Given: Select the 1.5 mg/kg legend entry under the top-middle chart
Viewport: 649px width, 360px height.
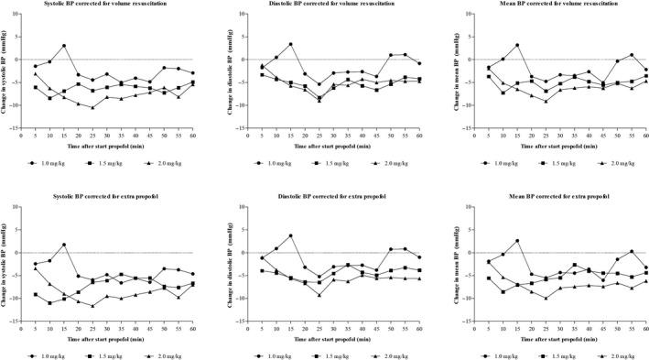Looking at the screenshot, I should pos(327,163).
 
